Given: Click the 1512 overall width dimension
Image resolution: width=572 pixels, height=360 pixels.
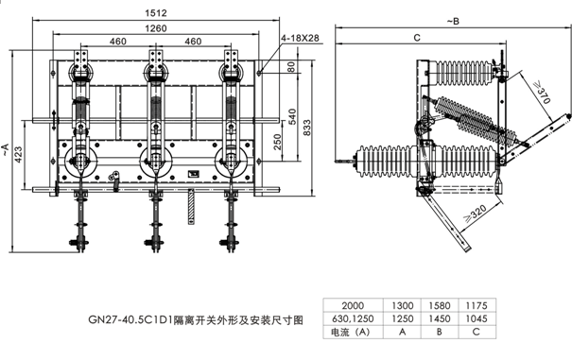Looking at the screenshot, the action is point(156,13).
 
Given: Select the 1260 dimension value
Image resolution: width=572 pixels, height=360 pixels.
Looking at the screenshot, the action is point(156,28).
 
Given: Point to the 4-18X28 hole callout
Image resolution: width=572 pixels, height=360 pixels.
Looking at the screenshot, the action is point(300,38).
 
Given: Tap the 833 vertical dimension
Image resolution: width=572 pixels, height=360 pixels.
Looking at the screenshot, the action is point(307,128).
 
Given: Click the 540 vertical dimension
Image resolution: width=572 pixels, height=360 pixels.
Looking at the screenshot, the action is point(292,117).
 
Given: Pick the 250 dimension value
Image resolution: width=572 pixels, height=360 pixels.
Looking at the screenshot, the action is point(277,143).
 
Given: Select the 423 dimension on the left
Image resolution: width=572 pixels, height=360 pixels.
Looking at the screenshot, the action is point(18,155).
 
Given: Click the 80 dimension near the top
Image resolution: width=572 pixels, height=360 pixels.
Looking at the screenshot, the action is point(291,67).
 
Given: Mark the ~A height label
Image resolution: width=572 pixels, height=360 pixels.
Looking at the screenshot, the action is point(5,149).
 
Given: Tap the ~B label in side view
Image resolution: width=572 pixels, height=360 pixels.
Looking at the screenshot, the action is point(453,22).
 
